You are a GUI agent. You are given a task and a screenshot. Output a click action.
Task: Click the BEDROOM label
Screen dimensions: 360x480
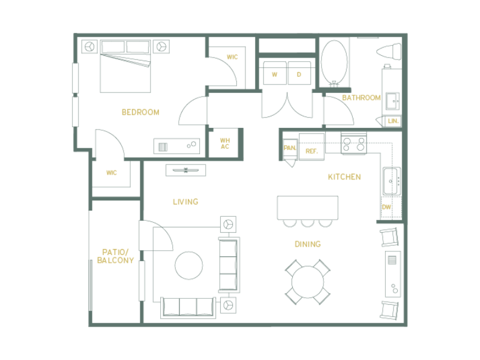[x=140, y=112]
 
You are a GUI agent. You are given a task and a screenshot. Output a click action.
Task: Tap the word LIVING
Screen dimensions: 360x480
[x=185, y=202]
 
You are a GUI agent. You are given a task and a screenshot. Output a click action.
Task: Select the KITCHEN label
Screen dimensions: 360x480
[x=344, y=177]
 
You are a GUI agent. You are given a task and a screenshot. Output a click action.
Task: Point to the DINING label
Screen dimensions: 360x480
[x=307, y=244]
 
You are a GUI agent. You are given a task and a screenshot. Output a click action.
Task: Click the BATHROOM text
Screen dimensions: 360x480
[x=361, y=98]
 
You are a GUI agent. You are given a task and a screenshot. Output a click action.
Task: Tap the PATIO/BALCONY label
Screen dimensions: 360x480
[x=115, y=256]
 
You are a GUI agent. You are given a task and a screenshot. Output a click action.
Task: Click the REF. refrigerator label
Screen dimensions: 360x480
[x=311, y=151]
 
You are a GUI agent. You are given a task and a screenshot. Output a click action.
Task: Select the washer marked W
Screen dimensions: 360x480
[x=275, y=74]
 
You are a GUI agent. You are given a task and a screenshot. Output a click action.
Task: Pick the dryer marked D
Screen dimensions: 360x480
[x=299, y=74]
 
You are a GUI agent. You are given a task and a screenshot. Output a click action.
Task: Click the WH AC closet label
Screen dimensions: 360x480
[x=224, y=143]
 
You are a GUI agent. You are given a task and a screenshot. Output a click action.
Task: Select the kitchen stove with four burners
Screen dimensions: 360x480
[x=353, y=144]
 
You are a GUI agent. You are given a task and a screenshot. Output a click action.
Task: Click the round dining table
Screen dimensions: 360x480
[x=308, y=282]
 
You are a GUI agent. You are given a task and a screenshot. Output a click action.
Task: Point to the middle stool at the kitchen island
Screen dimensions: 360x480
[x=307, y=223]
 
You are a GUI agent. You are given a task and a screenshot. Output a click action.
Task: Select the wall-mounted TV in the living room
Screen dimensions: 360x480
[x=185, y=170]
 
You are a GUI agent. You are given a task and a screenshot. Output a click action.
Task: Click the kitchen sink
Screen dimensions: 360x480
[x=391, y=179]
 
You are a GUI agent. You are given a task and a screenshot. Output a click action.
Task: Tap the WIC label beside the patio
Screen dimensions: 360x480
[x=111, y=173]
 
